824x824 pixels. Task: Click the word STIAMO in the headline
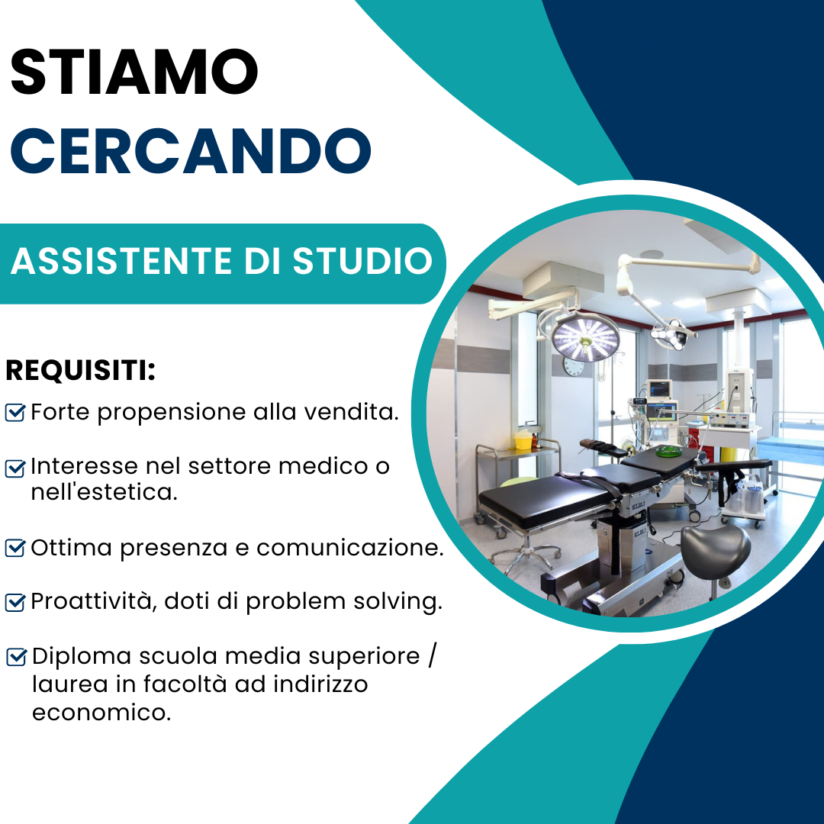134,72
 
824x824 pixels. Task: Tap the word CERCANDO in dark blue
191,151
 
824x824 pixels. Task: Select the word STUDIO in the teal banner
362,261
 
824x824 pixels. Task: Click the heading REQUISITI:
80,370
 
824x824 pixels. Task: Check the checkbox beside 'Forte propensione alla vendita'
14,413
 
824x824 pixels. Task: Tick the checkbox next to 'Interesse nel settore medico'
14,468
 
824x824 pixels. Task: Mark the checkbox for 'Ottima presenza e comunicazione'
14,548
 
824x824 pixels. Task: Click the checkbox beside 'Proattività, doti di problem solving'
14,602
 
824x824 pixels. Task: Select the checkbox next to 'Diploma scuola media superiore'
16,657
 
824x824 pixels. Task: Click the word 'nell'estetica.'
104,492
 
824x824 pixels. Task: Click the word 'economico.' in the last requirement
101,713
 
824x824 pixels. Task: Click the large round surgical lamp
585,337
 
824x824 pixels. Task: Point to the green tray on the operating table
669,450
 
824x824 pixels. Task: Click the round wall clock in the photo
573,365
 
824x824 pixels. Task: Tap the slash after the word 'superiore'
432,656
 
